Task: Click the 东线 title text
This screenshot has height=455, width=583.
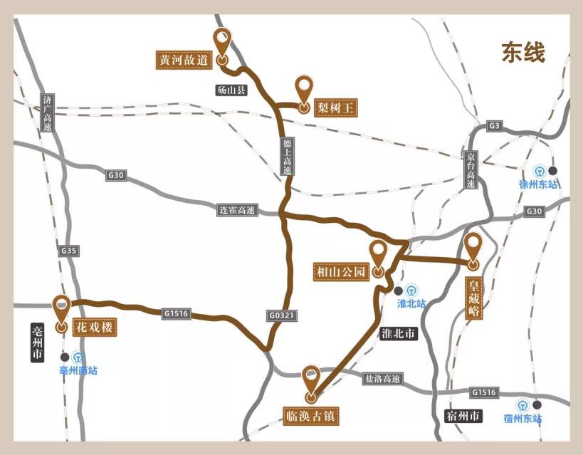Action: [x=523, y=53]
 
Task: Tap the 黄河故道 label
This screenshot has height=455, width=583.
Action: [x=184, y=59]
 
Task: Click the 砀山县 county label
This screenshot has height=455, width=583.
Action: [x=231, y=90]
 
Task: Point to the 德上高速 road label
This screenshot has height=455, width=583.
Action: [x=288, y=157]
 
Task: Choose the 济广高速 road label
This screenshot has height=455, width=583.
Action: [x=48, y=113]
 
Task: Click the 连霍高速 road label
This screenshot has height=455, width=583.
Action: [x=237, y=210]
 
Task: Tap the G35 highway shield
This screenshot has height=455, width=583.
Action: [x=69, y=251]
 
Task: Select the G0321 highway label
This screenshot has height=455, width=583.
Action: [x=282, y=314]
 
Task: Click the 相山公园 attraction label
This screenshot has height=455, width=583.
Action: [x=341, y=271]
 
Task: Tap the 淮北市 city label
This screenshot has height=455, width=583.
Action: [x=399, y=333]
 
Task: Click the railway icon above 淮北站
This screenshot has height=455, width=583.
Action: [x=411, y=290]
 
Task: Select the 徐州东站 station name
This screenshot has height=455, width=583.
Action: [x=538, y=184]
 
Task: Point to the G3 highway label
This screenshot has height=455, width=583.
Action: [x=495, y=126]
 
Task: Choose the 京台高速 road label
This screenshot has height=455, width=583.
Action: [x=471, y=169]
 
